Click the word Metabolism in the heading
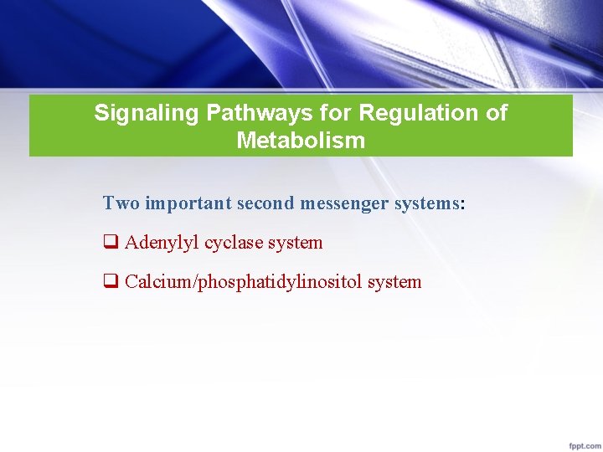pos(301,140)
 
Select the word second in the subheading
pos(263,203)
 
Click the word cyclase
pos(234,243)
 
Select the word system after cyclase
pos(296,243)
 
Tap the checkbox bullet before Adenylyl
pos(109,243)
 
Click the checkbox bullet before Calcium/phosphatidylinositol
pos(109,282)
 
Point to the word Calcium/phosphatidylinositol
pos(243,282)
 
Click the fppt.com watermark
pos(581,443)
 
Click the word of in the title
pos(497,113)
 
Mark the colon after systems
pos(462,203)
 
